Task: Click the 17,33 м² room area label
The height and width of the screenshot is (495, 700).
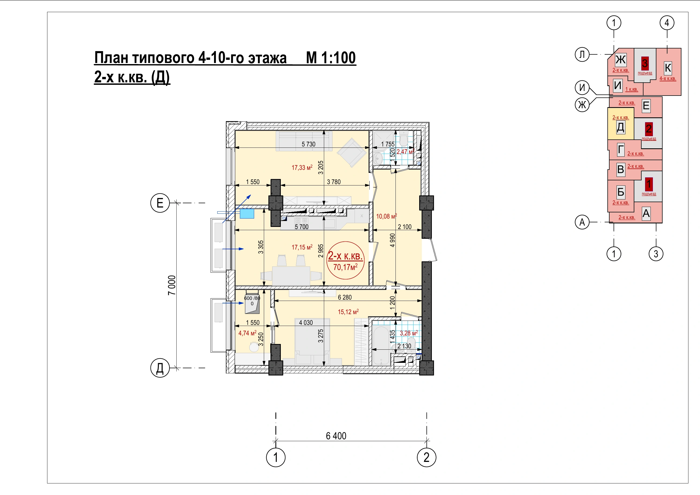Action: (302, 167)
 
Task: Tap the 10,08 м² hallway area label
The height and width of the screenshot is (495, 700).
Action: (386, 216)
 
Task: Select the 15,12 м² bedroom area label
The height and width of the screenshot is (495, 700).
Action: (348, 311)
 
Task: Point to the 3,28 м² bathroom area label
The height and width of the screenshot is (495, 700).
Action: (408, 333)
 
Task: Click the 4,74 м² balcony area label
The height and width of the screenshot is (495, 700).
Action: (247, 333)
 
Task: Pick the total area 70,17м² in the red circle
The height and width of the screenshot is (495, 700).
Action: (345, 267)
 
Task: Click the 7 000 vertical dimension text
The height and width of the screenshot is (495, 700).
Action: (172, 285)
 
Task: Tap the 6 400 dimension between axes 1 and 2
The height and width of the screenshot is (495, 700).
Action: (336, 436)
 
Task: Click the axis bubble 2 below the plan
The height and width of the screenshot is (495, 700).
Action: (426, 457)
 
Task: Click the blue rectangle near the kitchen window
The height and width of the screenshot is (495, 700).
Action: (247, 214)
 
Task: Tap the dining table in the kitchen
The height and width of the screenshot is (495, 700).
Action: (291, 276)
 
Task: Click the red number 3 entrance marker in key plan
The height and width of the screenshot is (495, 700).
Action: (645, 64)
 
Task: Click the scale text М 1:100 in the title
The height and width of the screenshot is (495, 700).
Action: (331, 58)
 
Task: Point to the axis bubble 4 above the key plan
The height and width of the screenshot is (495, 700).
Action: (667, 23)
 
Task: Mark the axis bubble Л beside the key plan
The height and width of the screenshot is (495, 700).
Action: (582, 55)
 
